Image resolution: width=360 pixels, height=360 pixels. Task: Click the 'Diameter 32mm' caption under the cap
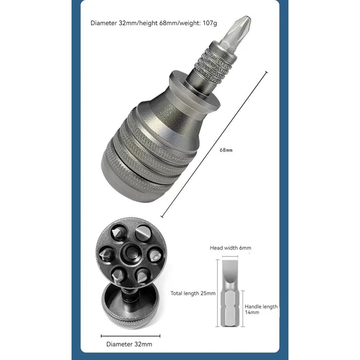tap(129, 344)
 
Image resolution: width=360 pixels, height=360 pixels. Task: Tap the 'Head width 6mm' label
tap(230, 248)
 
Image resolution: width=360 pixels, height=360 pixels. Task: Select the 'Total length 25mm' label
tap(193, 293)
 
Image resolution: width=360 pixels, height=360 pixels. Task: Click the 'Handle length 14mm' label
tap(261, 310)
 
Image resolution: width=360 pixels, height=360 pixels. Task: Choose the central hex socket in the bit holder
tap(131, 253)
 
